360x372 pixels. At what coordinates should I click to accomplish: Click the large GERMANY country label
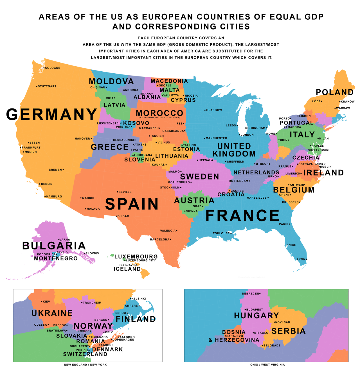52,115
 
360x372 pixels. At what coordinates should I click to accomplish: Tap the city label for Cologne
53,68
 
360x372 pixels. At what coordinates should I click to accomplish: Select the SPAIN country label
132,204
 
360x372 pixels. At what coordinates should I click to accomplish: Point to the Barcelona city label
160,239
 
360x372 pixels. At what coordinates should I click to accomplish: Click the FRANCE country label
242,216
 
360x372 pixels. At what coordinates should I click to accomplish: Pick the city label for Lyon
301,259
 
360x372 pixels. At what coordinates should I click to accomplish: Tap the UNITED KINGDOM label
234,150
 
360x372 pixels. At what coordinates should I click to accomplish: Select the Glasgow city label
214,110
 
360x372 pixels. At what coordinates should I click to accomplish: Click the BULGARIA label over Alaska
54,246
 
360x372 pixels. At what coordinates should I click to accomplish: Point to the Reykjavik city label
127,265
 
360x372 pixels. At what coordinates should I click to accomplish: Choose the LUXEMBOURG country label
136,257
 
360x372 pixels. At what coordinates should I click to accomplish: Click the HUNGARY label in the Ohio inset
256,316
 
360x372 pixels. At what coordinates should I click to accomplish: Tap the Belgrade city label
272,346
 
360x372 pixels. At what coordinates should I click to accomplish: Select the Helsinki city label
139,299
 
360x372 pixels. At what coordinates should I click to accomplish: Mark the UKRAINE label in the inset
52,313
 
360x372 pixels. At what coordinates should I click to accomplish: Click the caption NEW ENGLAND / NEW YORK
85,365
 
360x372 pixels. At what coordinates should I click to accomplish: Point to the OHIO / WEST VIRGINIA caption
267,365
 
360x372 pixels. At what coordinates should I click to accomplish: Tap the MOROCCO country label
159,113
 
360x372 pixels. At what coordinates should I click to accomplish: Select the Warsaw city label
343,108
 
